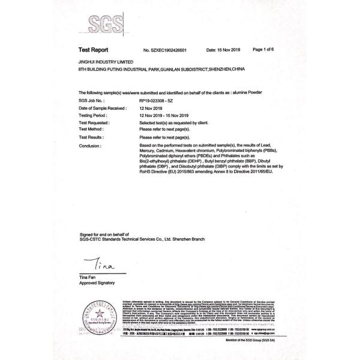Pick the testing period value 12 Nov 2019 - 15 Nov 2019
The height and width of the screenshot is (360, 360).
(164, 115)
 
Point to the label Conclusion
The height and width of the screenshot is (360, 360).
(90, 145)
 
